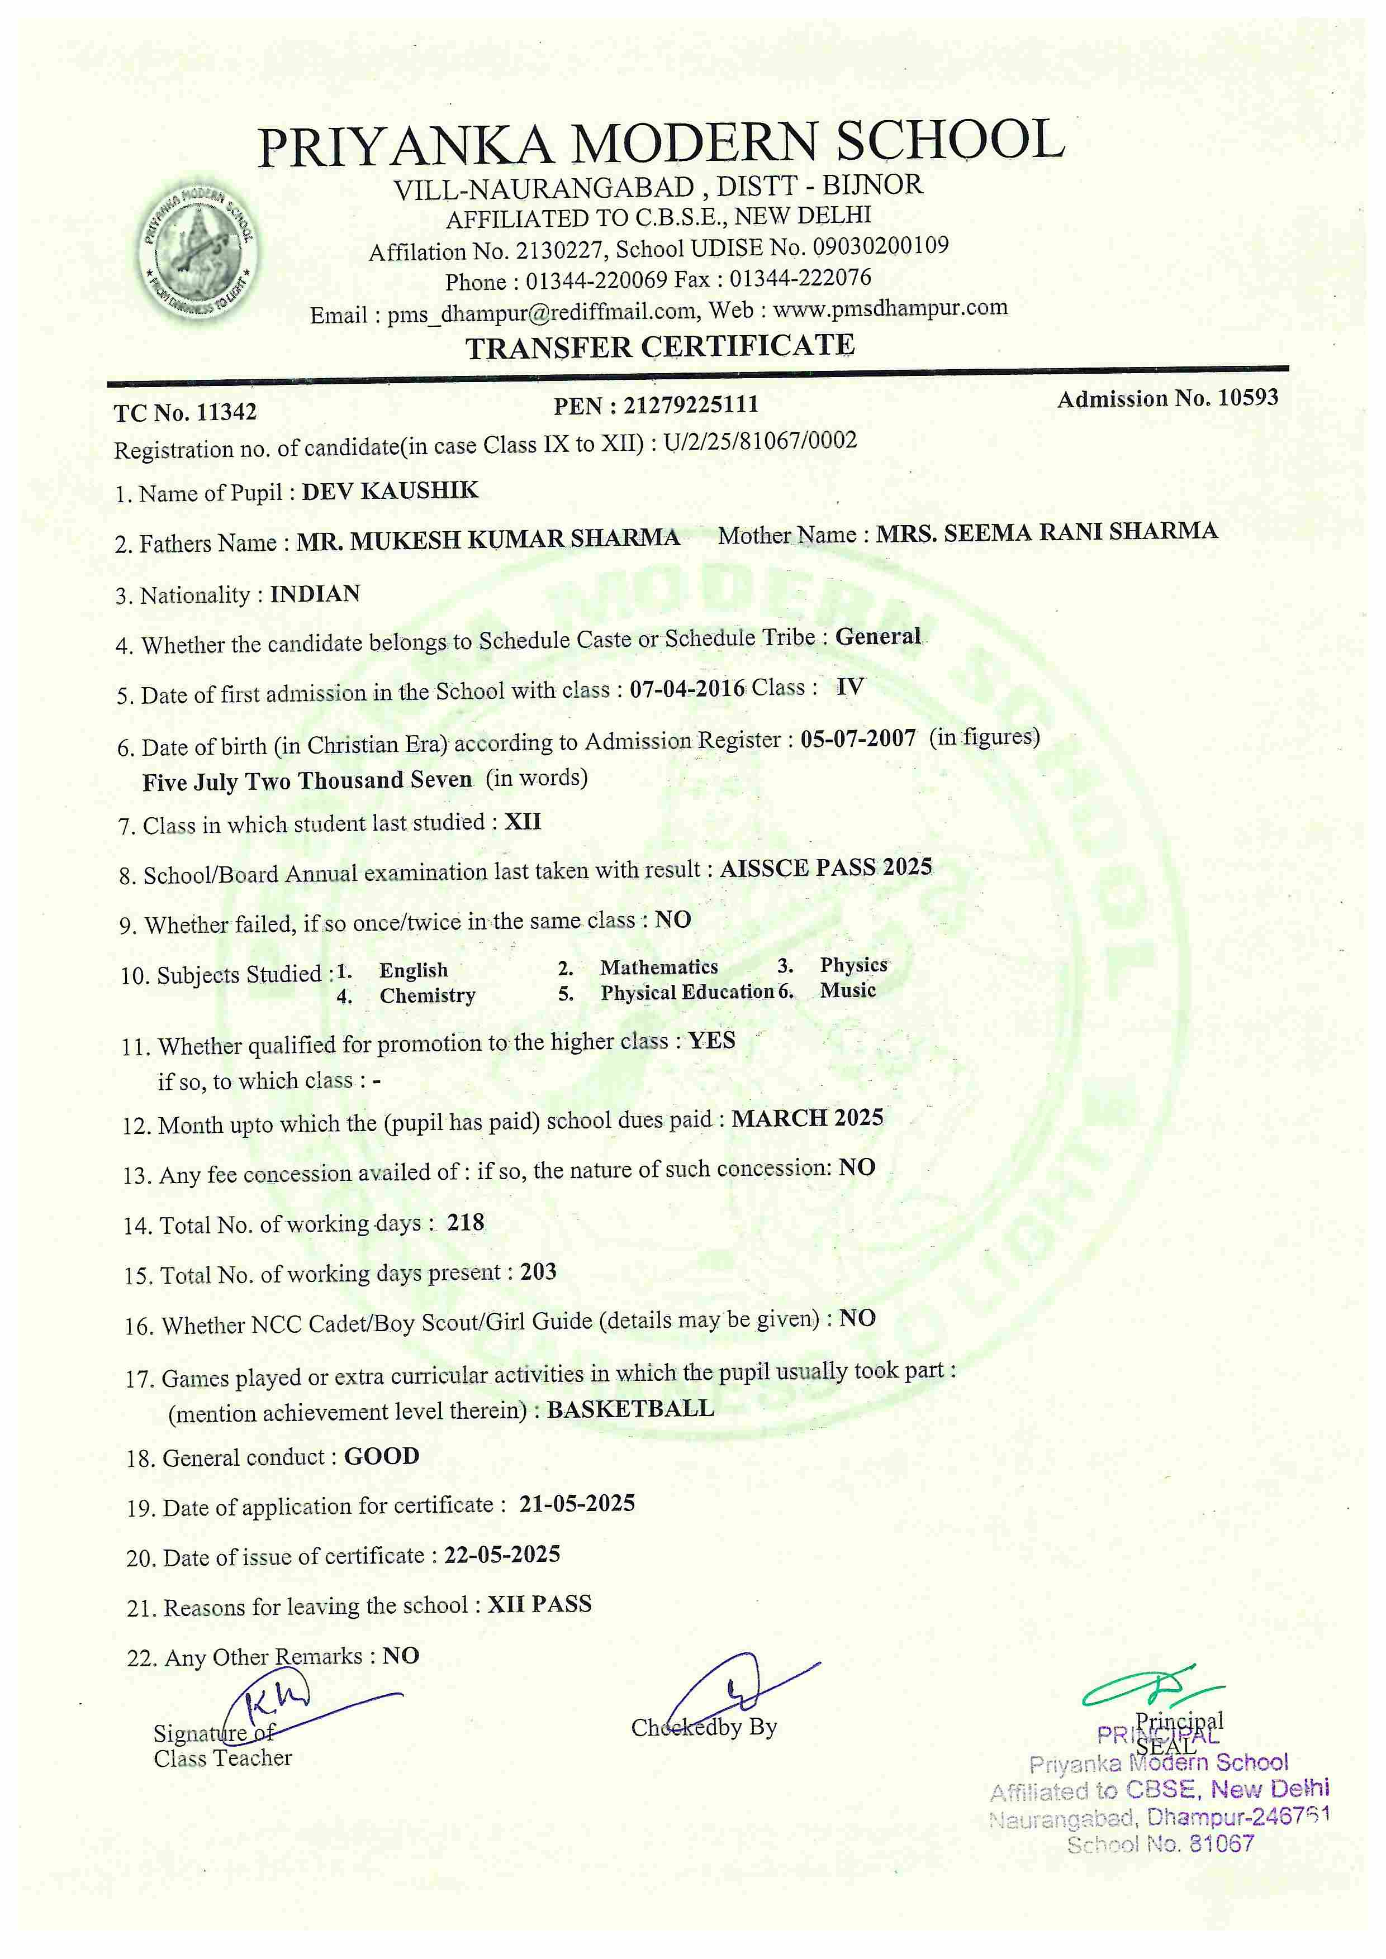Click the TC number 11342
[226, 412]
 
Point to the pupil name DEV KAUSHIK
[390, 490]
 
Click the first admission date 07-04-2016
[687, 689]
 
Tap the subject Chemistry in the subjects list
[428, 996]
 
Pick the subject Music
[847, 990]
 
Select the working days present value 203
[539, 1272]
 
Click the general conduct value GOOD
[382, 1456]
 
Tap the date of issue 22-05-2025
[502, 1555]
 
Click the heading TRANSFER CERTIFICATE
[659, 346]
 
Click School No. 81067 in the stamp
[1161, 1844]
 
